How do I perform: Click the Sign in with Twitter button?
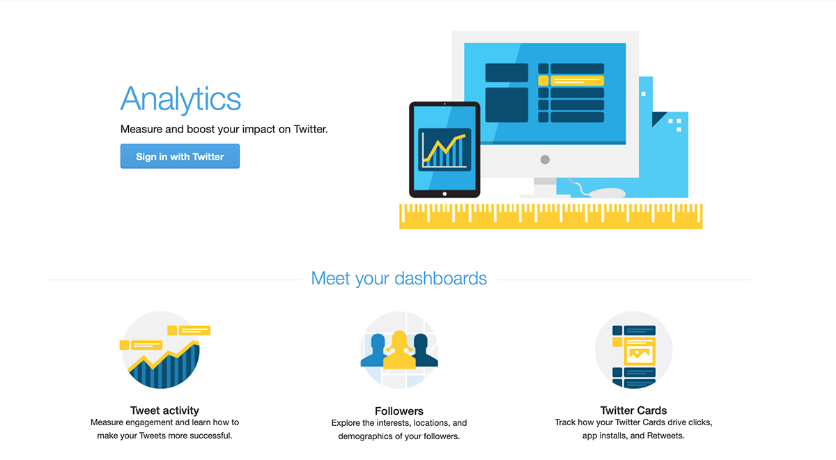[180, 156]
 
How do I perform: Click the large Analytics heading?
[180, 98]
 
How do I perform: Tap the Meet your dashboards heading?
[399, 279]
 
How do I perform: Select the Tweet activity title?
[164, 411]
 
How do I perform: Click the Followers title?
[399, 411]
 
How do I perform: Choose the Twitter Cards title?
[633, 411]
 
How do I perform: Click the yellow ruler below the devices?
[551, 217]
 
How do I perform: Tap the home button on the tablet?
[444, 194]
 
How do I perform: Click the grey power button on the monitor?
[545, 160]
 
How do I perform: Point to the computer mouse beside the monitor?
[607, 192]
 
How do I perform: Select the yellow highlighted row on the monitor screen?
[571, 81]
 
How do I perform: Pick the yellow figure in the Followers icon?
[399, 350]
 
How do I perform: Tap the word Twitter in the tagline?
[311, 129]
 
